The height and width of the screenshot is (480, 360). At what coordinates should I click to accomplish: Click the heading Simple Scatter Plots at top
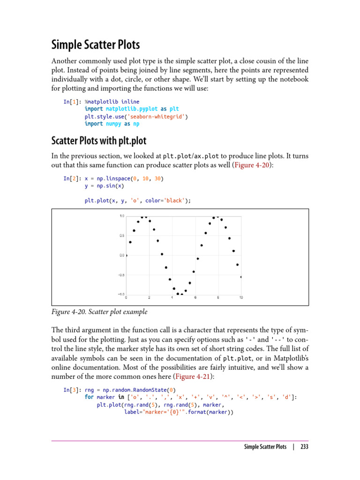point(95,45)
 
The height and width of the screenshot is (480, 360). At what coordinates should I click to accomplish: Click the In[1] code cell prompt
point(72,102)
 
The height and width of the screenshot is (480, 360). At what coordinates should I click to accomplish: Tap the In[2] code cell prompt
point(72,179)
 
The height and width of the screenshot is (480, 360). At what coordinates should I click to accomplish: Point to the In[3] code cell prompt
point(72,390)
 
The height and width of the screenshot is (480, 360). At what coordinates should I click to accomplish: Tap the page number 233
point(304,447)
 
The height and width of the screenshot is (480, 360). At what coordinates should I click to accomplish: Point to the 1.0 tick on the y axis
point(122,216)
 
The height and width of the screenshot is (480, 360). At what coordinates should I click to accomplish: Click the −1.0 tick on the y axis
point(121,294)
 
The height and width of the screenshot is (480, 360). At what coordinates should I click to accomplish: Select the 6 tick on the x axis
point(195,298)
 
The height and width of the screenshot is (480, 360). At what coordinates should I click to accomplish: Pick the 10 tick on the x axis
point(241,298)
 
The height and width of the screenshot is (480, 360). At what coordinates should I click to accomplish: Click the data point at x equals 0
point(127,255)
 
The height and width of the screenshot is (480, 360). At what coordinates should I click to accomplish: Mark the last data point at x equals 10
point(241,277)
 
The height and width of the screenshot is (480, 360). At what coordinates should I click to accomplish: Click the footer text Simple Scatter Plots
point(265,447)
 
